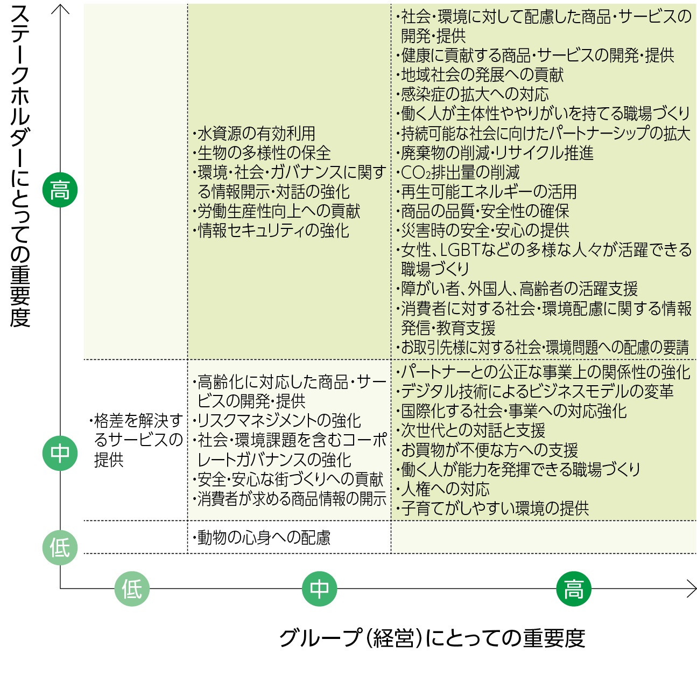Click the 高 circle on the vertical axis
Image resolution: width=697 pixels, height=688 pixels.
coord(60,190)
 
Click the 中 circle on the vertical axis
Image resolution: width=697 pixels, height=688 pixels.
coord(60,453)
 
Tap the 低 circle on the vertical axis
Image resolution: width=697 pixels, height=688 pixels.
coord(60,548)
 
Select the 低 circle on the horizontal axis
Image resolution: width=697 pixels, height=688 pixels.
coord(132,589)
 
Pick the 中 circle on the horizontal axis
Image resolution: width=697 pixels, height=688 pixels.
coord(319,589)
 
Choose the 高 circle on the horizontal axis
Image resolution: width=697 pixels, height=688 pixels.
coord(573,589)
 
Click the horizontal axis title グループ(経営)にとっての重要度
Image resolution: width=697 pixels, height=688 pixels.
coord(432,638)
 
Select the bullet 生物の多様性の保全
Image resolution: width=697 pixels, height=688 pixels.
coord(263,152)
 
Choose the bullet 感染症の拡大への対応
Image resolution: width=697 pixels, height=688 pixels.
coord(474,94)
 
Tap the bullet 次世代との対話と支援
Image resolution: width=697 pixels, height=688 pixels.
coord(473,430)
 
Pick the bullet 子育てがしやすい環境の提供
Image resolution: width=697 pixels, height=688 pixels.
coord(495,508)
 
